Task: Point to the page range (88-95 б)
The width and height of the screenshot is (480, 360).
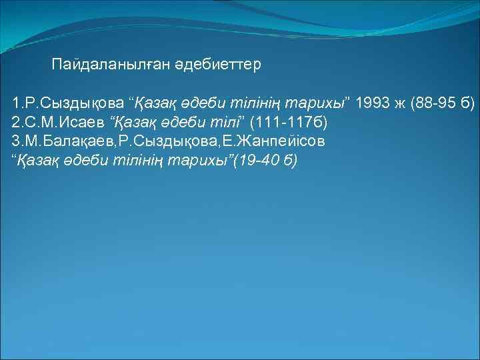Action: point(444,104)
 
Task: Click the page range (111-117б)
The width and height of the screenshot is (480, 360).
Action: point(288,123)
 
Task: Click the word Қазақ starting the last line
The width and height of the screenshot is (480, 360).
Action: point(33,161)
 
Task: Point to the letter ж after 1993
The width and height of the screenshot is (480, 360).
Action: point(399,104)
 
